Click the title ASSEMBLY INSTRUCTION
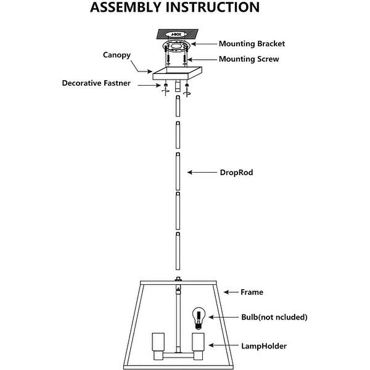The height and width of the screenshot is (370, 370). [x=175, y=8]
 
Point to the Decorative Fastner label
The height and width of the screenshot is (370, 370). [x=96, y=83]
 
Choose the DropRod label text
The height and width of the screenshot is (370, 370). [x=237, y=173]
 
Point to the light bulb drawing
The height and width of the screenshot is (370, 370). [x=199, y=318]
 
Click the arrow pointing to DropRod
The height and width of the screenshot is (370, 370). [x=202, y=173]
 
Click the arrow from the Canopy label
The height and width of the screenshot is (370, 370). [x=144, y=67]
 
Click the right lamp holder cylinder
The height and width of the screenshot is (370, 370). [x=197, y=344]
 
